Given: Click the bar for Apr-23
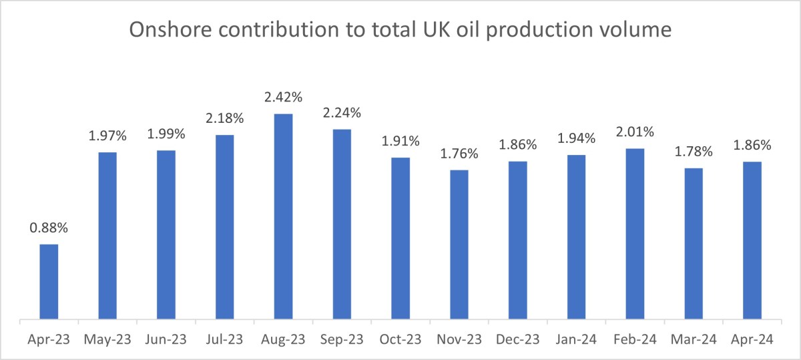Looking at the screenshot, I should pos(49,282).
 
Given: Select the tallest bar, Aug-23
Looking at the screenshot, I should pos(283,217).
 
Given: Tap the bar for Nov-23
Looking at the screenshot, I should pos(459,245).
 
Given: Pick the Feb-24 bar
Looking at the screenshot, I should pos(635,234).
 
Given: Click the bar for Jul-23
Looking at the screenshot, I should pos(225,228).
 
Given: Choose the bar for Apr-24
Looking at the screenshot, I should pos(752,241).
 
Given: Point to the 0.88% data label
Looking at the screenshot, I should pos(49,227).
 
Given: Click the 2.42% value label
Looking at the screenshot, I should pos(283,98).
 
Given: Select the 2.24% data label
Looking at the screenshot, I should pos(342,113).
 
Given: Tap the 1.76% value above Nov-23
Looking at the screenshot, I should pos(459,154).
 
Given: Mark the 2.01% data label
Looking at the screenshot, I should pos(635,132).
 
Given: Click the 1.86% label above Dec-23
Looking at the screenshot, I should pos(517,145).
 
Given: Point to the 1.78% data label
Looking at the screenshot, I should pos(694,152).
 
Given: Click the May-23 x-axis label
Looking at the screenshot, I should pos(107,340).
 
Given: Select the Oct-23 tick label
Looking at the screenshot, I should pos(400,340).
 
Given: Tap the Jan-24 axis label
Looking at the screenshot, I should pos(576,340).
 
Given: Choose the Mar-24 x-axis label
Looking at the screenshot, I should pos(694,340).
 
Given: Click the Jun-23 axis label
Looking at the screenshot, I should pos(166,340).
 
